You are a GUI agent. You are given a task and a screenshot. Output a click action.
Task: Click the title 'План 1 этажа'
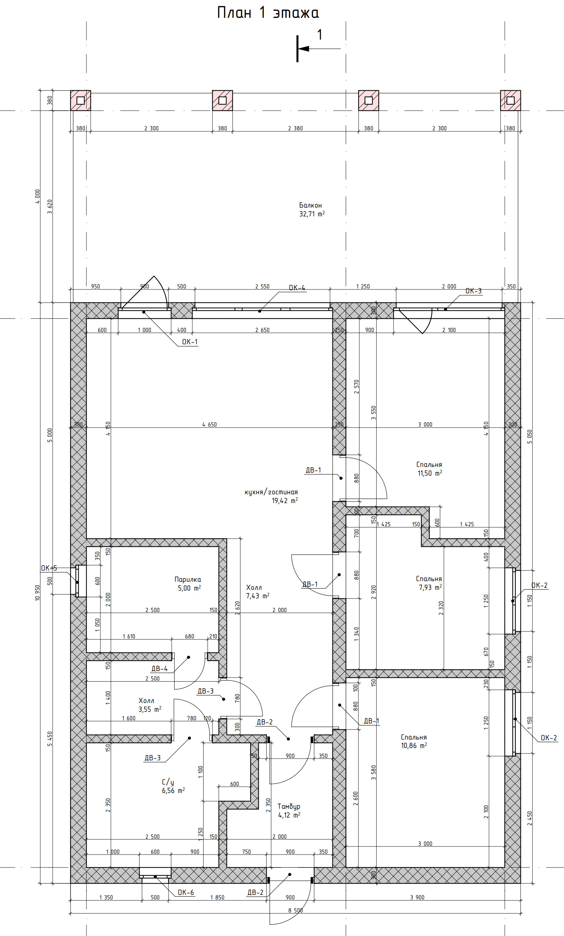[268, 13]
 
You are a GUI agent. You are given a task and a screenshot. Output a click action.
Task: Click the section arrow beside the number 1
[319, 48]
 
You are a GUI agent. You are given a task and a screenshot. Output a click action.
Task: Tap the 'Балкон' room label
[311, 206]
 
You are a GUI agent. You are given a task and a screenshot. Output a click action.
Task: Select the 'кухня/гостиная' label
[271, 492]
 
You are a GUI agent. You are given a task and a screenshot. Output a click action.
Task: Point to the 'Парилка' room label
[187, 580]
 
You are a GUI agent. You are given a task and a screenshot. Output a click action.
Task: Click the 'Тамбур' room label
[289, 806]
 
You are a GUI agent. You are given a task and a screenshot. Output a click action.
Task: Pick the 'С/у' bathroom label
[168, 782]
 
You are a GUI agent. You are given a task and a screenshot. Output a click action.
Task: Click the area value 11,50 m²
[430, 473]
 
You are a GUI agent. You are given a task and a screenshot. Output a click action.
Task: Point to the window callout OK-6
[186, 892]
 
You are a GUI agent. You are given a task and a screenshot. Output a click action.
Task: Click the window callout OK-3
[473, 291]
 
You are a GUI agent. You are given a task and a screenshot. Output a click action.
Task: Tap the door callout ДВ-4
[159, 669]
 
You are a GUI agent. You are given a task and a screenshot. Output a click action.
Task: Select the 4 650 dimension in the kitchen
[210, 425]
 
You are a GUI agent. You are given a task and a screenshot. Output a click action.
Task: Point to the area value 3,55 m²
[150, 709]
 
